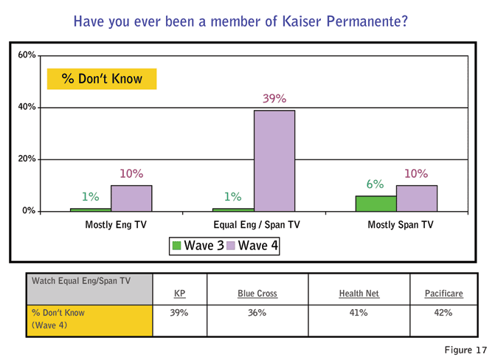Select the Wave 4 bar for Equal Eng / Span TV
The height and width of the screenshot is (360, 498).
(x=274, y=161)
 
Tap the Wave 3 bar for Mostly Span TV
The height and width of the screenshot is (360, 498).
(x=376, y=204)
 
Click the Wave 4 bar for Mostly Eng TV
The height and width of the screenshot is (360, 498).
(x=131, y=198)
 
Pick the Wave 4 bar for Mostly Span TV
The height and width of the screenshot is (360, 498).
(x=416, y=198)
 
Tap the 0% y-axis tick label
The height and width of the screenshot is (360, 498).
(x=28, y=212)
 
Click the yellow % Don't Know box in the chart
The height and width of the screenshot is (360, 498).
(x=102, y=78)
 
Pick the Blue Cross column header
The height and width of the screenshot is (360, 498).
(x=257, y=294)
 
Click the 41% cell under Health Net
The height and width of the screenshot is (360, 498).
(x=359, y=313)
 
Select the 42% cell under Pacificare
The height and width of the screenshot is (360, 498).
(x=443, y=313)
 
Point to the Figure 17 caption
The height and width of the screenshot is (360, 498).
(x=468, y=348)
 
